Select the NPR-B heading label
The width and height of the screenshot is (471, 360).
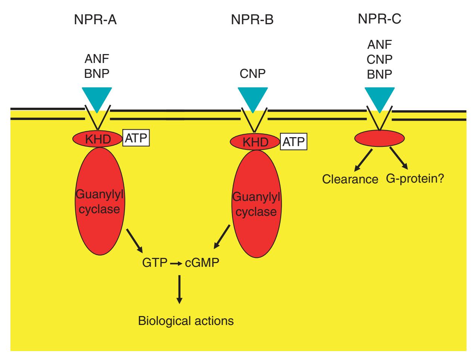click(252, 19)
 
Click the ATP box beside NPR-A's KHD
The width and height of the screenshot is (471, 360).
click(136, 138)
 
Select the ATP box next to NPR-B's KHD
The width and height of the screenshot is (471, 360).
click(293, 142)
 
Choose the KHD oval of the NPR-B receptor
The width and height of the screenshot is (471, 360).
click(255, 142)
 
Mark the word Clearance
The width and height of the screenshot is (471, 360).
click(350, 179)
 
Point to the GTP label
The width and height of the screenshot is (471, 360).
click(154, 263)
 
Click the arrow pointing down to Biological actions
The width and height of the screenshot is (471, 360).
click(179, 289)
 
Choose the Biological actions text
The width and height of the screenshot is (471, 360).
click(186, 320)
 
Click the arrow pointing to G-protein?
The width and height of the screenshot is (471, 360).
click(399, 158)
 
